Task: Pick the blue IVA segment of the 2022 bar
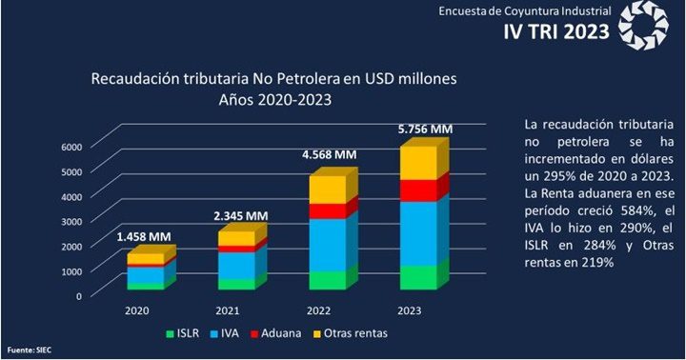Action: coord(326,244)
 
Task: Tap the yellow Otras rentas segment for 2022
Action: coord(326,190)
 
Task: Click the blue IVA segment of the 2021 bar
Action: coord(235,265)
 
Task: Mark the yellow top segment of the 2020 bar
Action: coord(145,258)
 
